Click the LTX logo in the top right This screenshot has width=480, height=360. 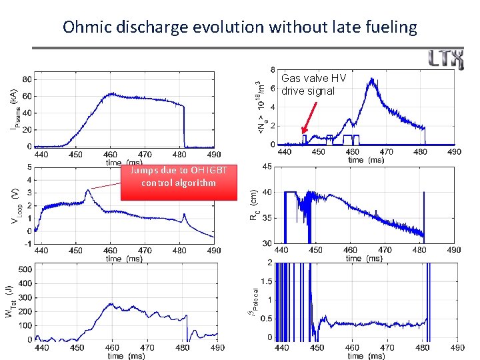[446, 60]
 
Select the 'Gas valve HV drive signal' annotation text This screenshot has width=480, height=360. [313, 85]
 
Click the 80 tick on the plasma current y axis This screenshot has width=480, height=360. [25, 79]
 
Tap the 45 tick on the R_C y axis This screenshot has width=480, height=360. [266, 167]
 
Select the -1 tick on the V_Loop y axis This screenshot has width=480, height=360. [27, 244]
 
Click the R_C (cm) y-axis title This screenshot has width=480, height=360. [254, 205]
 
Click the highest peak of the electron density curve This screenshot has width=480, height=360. [371, 79]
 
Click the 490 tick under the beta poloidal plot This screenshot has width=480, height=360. [457, 347]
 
